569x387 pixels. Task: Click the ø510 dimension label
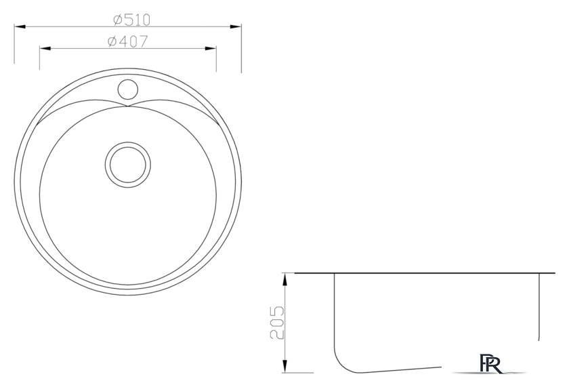coord(131,20)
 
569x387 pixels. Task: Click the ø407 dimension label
coord(128,41)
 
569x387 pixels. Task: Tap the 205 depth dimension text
coord(277,323)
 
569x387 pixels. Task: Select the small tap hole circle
coord(128,89)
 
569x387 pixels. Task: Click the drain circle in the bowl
coord(128,165)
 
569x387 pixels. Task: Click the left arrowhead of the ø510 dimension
coord(20,26)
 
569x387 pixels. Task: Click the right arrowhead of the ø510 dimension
coord(236,26)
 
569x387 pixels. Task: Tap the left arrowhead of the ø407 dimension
coord(45,48)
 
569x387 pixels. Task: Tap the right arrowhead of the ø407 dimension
coord(211,48)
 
